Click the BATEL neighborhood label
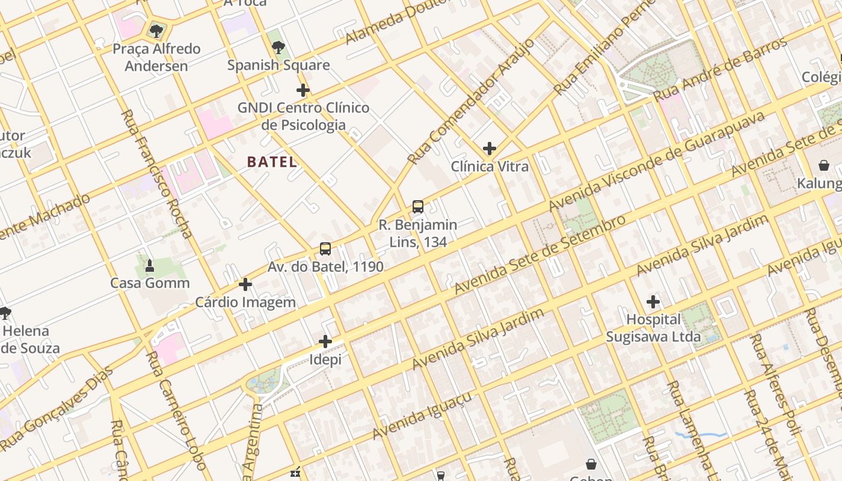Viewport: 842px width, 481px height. [272, 162]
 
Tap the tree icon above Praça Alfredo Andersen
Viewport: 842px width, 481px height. [156, 31]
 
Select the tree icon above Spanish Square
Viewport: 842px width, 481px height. [278, 47]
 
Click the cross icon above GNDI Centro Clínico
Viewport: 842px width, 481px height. [303, 90]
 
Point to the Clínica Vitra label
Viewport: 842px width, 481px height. [490, 167]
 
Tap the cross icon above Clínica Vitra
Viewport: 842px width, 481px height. [490, 148]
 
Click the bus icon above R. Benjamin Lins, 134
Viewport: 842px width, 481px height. [418, 207]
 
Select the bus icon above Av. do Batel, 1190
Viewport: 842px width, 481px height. [325, 248]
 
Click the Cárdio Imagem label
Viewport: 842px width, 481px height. [245, 302]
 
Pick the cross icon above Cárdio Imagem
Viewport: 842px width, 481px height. [245, 284]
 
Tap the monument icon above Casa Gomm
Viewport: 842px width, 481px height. [150, 265]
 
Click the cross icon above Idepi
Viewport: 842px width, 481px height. [325, 342]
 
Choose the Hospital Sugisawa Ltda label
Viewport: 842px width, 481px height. [653, 328]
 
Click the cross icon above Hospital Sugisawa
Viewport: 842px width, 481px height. [653, 301]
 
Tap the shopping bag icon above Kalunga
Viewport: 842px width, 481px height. [823, 165]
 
